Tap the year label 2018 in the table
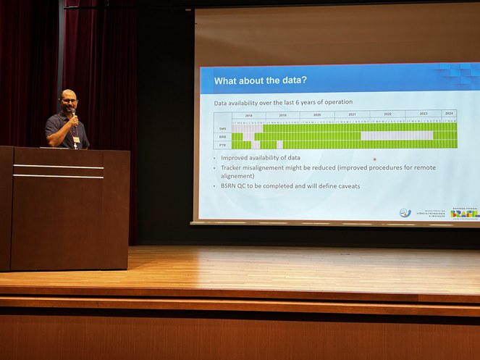click(x=248, y=114)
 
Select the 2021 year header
click(x=353, y=114)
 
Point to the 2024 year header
click(x=449, y=114)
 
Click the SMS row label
click(x=223, y=128)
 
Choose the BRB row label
click(x=223, y=136)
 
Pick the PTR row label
click(x=223, y=144)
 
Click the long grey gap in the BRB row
click(x=397, y=135)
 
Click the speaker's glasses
click(x=69, y=101)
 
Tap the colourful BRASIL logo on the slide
click(x=464, y=212)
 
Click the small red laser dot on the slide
click(x=374, y=159)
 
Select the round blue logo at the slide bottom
click(x=405, y=213)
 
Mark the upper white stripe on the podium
click(x=58, y=167)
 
